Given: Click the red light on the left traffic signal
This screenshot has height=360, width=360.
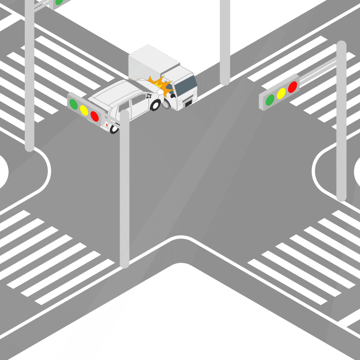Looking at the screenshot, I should coord(94,116).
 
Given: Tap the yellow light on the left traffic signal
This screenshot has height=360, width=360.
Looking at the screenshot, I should coord(84,110).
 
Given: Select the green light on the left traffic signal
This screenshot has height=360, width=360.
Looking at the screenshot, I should coord(73,104).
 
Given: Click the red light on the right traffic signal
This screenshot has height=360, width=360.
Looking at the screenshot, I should coord(292,86).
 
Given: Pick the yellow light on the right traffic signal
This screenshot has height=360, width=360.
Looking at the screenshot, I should coord(281,93).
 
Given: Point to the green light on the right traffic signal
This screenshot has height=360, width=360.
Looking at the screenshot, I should coord(270,99).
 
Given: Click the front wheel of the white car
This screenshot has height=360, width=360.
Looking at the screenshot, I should coord(155,105).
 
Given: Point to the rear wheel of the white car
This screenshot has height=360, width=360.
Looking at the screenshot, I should coord(114,128).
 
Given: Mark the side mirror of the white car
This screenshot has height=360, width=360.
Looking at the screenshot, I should coord(148,95).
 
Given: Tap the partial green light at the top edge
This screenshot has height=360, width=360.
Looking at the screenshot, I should coord(58,2).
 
